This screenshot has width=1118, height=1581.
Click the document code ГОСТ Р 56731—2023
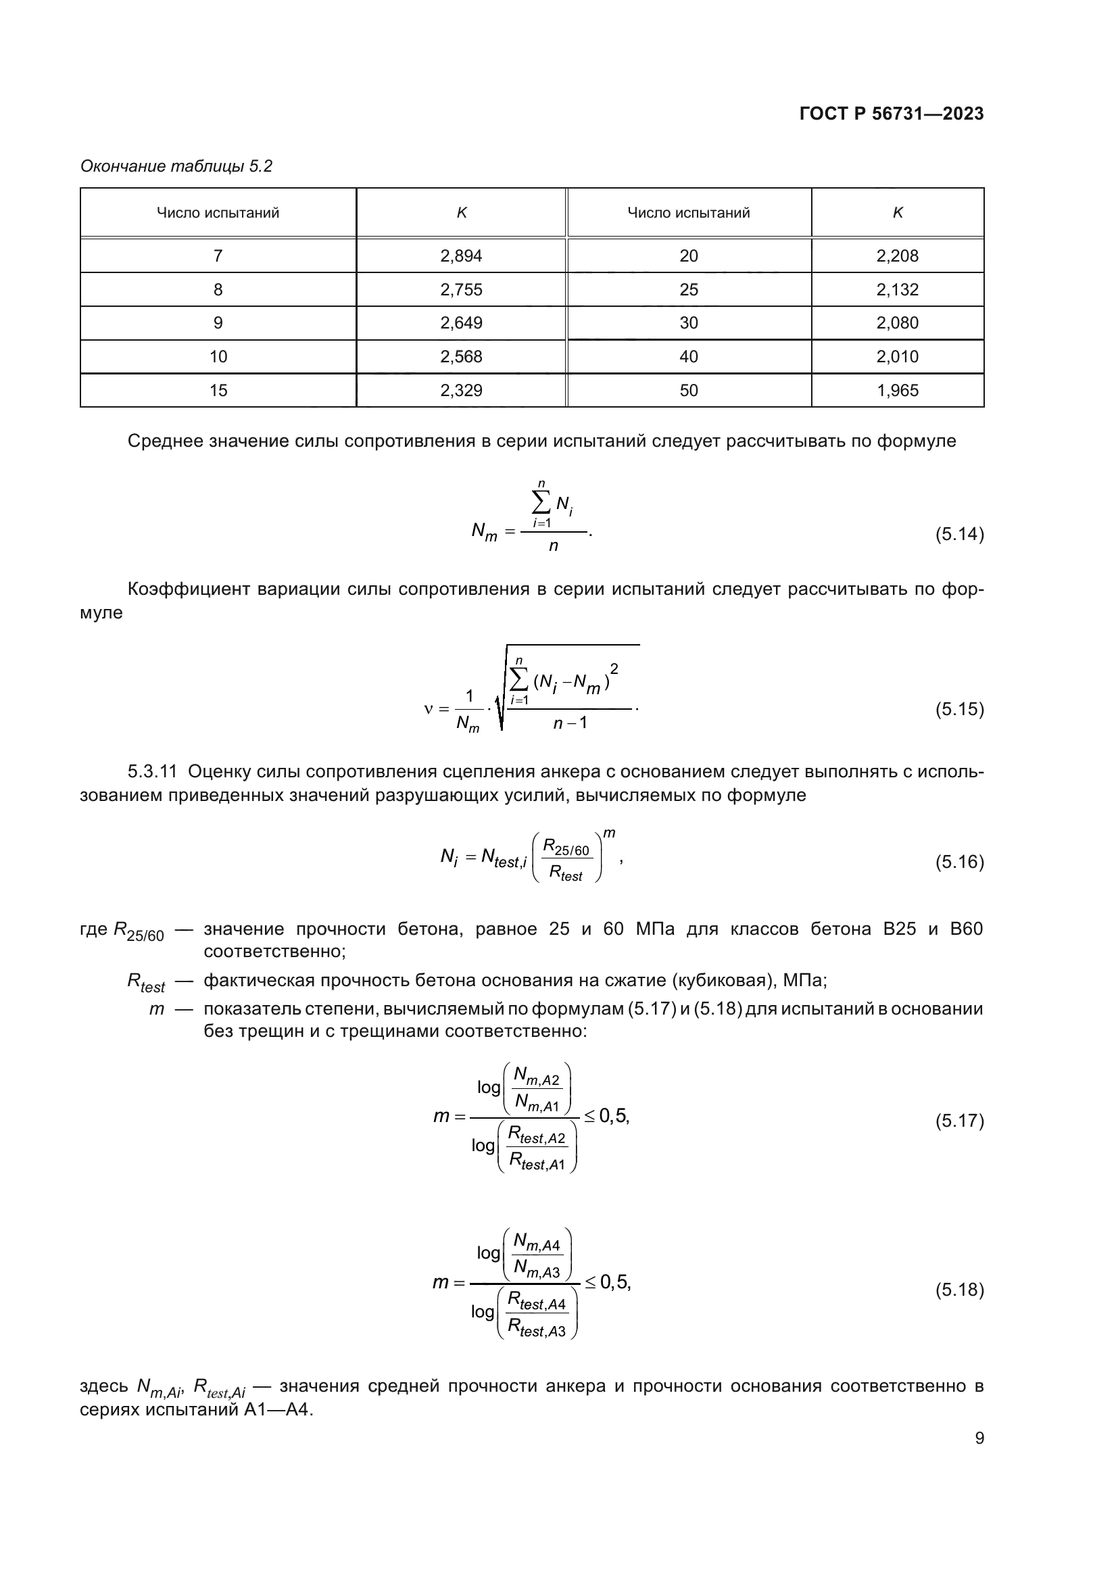tap(891, 114)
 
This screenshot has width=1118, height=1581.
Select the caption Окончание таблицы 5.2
tap(176, 167)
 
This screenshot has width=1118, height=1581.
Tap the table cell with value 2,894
tap(460, 256)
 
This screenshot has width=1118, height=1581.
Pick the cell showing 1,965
tap(897, 391)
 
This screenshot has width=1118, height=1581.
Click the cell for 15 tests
tap(218, 391)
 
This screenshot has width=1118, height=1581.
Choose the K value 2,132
tap(897, 290)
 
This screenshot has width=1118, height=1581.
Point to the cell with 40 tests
tap(687, 357)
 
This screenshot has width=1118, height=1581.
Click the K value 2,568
tap(460, 357)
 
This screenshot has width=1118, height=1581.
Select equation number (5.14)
tap(959, 535)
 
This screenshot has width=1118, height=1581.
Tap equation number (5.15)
tap(959, 709)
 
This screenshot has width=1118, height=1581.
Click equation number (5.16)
tap(959, 862)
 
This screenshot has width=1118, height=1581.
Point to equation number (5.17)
tap(959, 1121)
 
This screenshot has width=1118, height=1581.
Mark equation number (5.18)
tap(959, 1290)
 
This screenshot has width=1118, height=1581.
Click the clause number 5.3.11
tap(152, 772)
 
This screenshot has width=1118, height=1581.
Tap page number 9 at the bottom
tap(979, 1438)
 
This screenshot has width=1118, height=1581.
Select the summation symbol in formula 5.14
tap(541, 505)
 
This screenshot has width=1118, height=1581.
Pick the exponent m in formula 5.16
tap(608, 834)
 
